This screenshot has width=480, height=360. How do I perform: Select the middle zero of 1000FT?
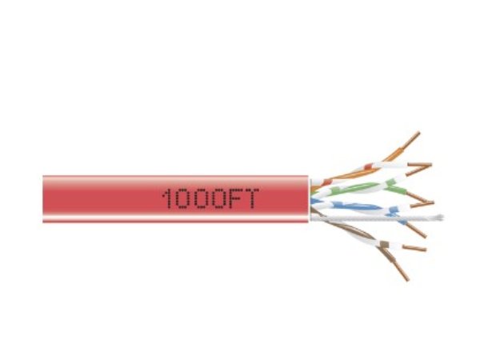(x=202, y=198)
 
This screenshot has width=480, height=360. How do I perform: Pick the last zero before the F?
(x=219, y=198)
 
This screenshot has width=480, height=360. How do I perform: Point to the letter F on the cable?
(x=237, y=198)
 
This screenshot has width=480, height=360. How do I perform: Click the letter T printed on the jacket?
(x=253, y=198)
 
